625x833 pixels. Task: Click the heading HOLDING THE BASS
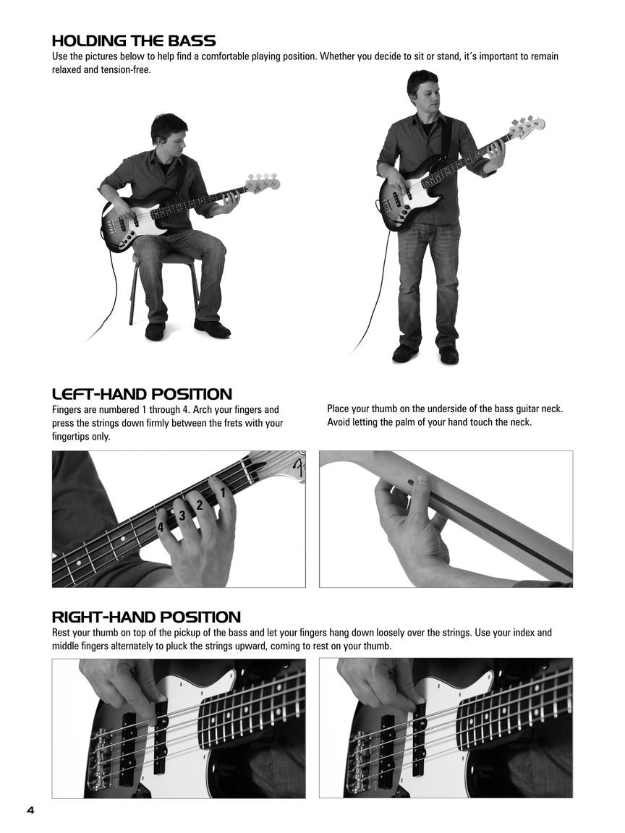tap(134, 41)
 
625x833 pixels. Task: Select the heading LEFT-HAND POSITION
tap(142, 394)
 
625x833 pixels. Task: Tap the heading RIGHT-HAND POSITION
tap(146, 617)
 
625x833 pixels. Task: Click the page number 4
tap(30, 809)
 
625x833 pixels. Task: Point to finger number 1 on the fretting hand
tap(223, 493)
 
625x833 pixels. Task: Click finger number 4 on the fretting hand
tap(161, 527)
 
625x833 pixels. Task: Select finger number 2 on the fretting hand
tap(200, 505)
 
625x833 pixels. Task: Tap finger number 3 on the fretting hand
tap(182, 516)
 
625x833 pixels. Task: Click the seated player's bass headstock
tap(262, 182)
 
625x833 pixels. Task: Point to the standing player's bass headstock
tap(526, 126)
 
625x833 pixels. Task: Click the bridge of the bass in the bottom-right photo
tap(357, 759)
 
